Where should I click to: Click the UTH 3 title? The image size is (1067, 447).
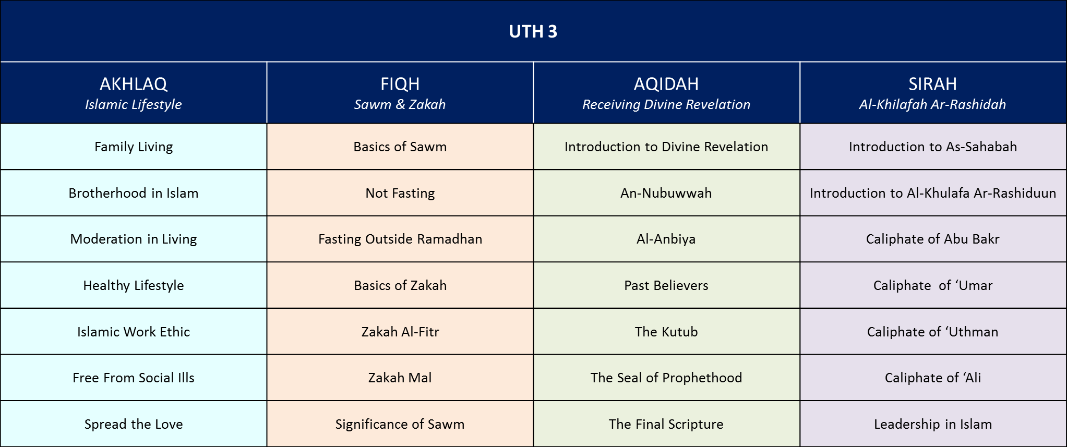coord(533,32)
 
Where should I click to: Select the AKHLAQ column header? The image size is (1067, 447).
coord(134,84)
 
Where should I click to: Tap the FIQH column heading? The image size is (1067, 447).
coord(400,84)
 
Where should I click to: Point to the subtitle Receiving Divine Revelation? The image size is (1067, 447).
coord(666,105)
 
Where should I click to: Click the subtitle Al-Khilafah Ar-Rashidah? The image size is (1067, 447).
coord(932,105)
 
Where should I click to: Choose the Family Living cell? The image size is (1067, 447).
coord(134,147)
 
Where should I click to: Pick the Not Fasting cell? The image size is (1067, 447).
coord(400,193)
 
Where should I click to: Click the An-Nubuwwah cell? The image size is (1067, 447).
coord(666,193)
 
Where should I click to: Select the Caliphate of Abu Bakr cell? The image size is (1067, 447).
coord(933,239)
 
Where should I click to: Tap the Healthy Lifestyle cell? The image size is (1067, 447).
coord(134,285)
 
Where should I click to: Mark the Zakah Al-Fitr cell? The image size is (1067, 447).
coord(400,332)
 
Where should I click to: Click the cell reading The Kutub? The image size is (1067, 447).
coord(666,332)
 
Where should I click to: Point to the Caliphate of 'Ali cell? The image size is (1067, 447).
coord(933,378)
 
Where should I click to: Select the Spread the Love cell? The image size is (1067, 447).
coord(134,424)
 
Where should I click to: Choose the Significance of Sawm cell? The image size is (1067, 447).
coord(400,424)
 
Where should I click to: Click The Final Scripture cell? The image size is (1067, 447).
coord(666,424)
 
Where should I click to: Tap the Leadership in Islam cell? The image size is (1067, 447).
coord(933,424)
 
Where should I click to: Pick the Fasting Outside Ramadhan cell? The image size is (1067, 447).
coord(400,239)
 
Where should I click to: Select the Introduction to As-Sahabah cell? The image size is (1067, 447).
coord(933,147)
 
